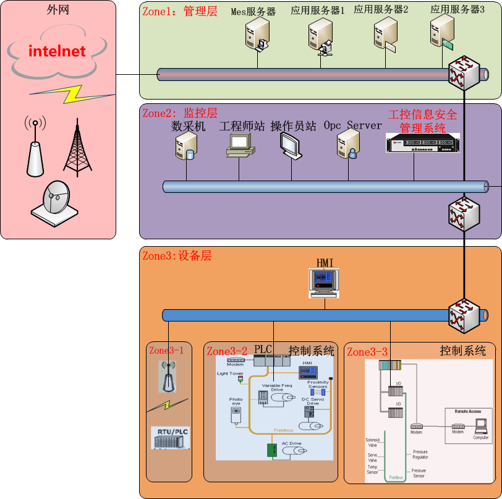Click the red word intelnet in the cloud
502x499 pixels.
tap(57, 51)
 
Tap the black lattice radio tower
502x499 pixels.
tap(77, 146)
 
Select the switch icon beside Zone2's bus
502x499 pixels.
tap(464, 215)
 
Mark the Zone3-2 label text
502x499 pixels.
tap(227, 352)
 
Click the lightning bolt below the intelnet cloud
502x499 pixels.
tap(73, 93)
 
